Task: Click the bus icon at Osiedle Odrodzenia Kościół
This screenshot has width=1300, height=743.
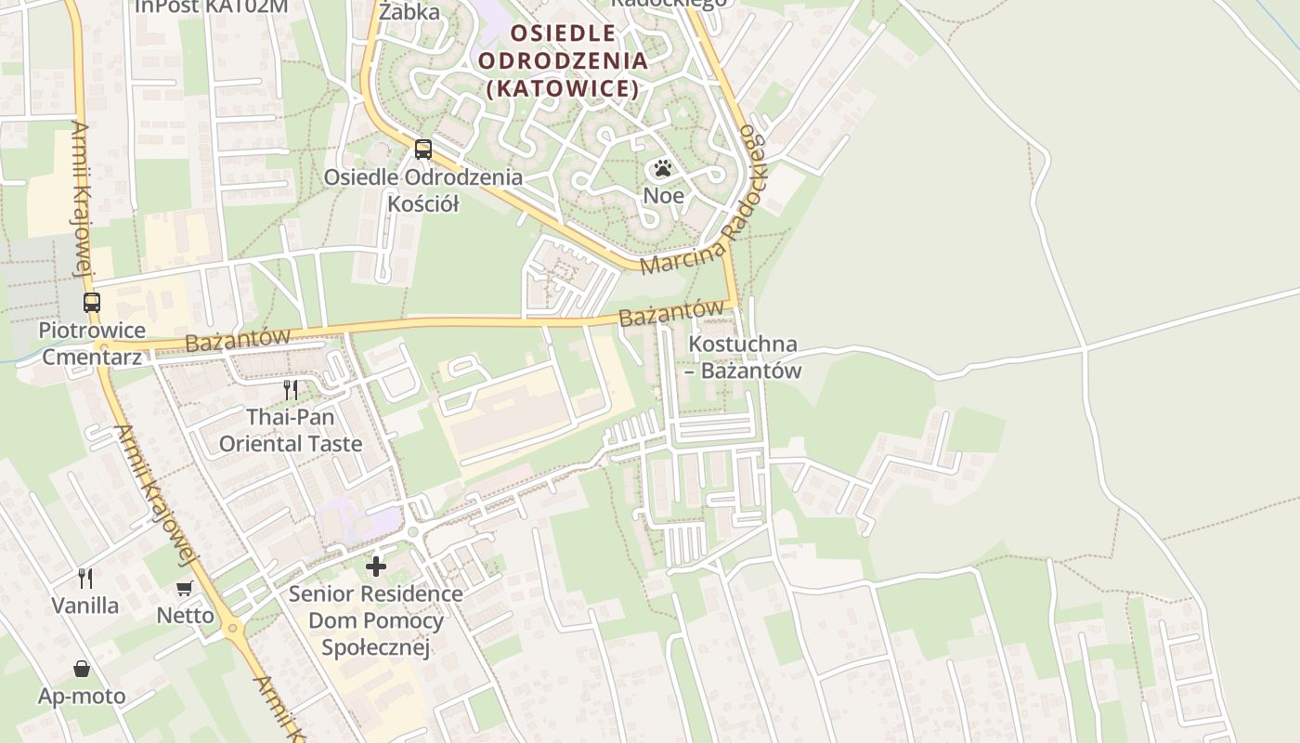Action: [x=423, y=149]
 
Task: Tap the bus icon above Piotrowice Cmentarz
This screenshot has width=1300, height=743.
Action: [x=91, y=302]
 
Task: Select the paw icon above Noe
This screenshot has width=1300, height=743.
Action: [x=662, y=168]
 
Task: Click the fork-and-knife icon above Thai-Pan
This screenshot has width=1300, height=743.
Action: [x=291, y=389]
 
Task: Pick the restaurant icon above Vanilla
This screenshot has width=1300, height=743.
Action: [x=85, y=579]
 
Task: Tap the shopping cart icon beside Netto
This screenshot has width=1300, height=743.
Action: [x=185, y=588]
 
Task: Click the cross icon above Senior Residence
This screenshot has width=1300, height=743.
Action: [x=376, y=566]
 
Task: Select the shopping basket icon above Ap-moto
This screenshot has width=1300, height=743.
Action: [x=82, y=669]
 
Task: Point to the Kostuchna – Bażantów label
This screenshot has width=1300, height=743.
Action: [x=744, y=358]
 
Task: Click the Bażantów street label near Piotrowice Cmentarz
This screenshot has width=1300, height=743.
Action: [x=238, y=339]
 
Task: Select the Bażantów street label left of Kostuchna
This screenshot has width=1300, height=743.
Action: [x=671, y=312]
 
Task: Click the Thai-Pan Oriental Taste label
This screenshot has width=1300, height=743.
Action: [x=291, y=431]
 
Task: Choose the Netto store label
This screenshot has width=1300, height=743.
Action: [x=185, y=615]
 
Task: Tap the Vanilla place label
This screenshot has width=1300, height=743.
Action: [x=85, y=606]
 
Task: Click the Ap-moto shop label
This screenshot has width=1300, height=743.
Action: [x=82, y=696]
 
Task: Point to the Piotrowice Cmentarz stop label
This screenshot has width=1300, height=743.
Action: [x=91, y=344]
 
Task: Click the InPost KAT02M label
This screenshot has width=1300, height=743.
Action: [x=212, y=7]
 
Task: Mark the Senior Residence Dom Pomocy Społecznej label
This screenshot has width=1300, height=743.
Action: [x=376, y=620]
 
